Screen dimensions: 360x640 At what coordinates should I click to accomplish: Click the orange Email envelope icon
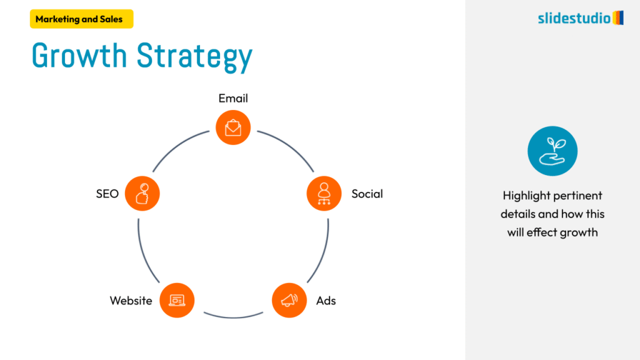[233, 128]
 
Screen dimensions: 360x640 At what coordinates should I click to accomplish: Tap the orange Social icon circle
[324, 193]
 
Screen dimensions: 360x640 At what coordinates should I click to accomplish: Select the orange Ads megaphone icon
[289, 301]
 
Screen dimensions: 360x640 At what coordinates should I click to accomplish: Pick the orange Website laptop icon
[177, 301]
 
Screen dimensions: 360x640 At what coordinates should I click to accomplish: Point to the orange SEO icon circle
[142, 193]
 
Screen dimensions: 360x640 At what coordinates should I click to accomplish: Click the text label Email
[233, 98]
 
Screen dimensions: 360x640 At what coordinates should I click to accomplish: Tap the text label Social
[367, 194]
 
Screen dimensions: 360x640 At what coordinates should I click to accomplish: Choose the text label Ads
[326, 301]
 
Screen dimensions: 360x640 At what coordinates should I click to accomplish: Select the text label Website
[131, 301]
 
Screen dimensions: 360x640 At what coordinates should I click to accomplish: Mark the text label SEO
[107, 194]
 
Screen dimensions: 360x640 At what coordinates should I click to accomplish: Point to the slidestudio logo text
[574, 18]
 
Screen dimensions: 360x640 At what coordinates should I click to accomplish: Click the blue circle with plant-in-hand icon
[552, 151]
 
